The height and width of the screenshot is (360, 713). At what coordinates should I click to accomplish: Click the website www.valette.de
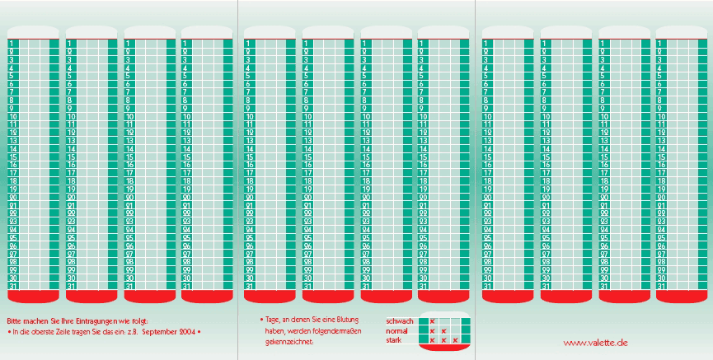(596, 342)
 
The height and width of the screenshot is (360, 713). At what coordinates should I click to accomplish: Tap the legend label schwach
(399, 320)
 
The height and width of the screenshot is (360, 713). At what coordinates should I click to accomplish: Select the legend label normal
(398, 330)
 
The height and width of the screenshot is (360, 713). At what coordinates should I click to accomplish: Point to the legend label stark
(394, 339)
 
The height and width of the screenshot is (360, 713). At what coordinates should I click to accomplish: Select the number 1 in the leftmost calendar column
(12, 42)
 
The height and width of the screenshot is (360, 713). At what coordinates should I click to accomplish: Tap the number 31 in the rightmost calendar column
(661, 286)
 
